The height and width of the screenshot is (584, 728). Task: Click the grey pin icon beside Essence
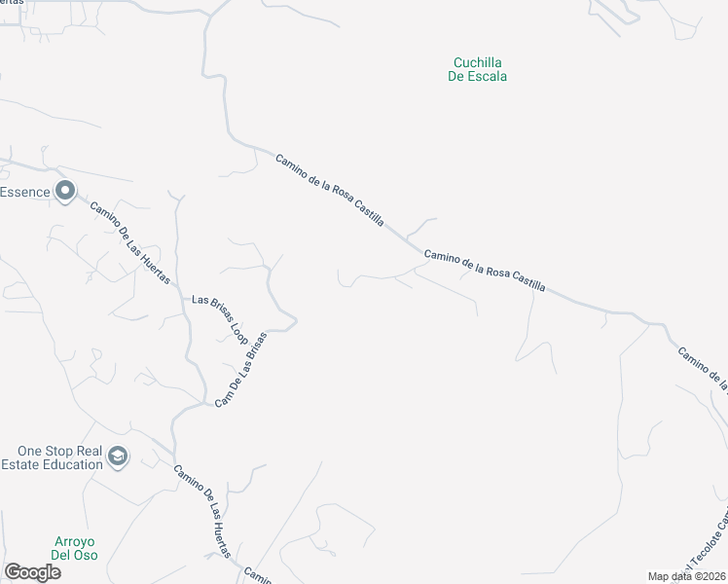pos(65,192)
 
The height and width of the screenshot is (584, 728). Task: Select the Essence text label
pos(24,192)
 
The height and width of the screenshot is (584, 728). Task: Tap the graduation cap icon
pos(118,457)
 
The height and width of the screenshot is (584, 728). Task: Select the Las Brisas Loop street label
pos(221,316)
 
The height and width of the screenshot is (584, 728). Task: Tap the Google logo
pos(32,572)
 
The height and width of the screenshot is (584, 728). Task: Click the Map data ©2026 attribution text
pos(686,576)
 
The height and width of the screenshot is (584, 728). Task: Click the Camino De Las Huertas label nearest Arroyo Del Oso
pos(202,509)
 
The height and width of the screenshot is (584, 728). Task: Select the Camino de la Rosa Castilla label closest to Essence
pos(330,191)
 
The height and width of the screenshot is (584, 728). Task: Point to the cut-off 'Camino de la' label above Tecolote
pos(703,368)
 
